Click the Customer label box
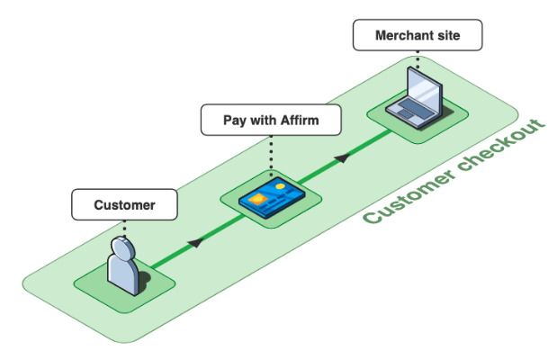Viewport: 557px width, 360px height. [124, 205]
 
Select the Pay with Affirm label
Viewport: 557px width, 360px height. [271, 119]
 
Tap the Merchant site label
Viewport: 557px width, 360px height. [418, 37]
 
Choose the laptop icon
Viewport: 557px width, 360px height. [417, 100]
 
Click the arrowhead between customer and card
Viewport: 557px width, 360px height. [195, 241]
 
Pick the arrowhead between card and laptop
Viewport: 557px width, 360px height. [341, 157]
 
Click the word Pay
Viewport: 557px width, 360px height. [236, 119]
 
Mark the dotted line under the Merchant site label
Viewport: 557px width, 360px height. [418, 59]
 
